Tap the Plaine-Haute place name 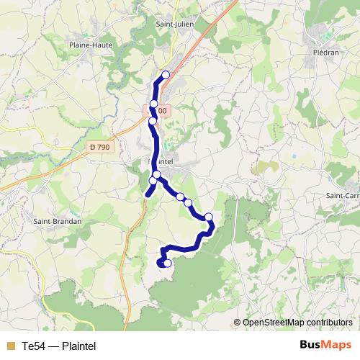[87, 44]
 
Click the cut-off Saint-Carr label [343, 195]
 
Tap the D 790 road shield [101, 148]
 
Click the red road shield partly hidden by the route [160, 111]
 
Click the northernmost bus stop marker [166, 75]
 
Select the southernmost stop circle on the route [168, 264]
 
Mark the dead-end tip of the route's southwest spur [148, 194]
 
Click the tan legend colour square [10, 346]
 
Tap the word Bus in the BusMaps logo [310, 344]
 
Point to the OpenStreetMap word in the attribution [274, 323]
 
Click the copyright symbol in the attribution [238, 323]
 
